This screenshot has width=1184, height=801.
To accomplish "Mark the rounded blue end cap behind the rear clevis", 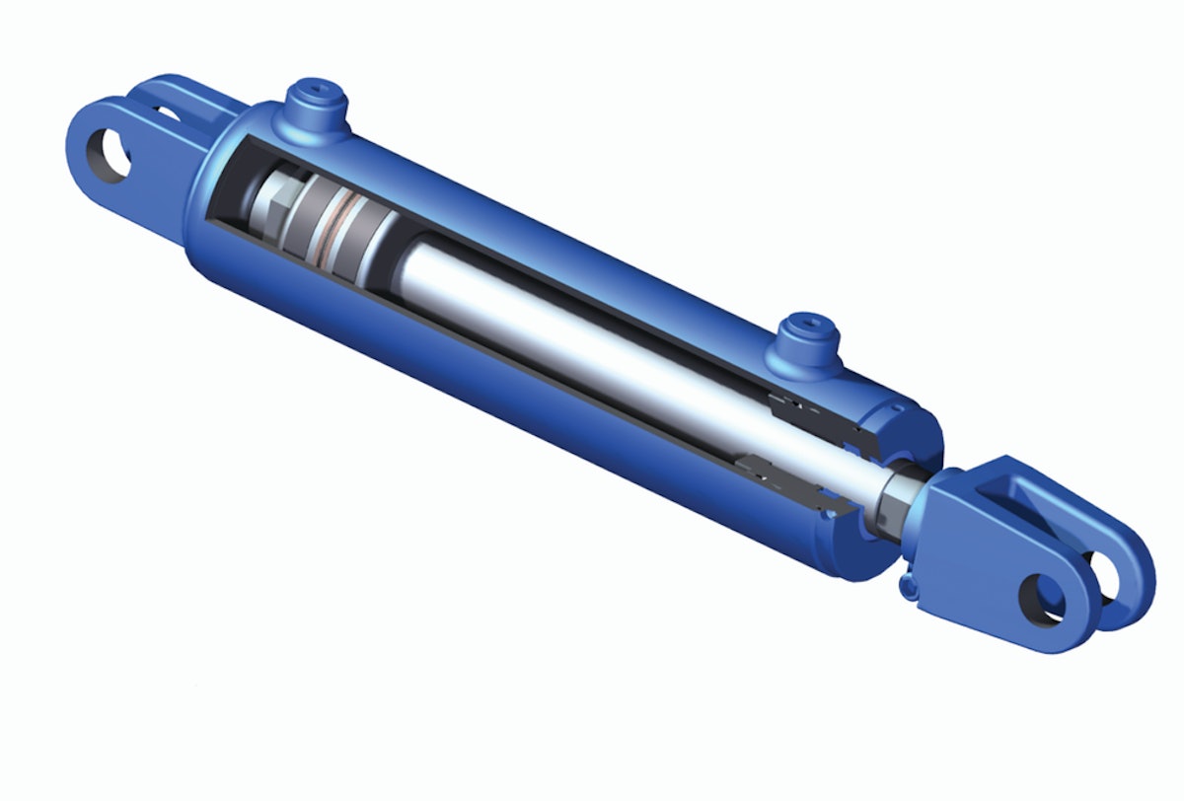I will [202, 197].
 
